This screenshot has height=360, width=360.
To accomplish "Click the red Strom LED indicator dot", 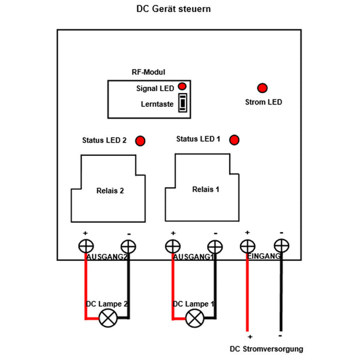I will pyautogui.click(x=262, y=88).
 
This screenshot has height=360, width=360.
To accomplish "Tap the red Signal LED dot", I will pyautogui.click(x=182, y=87).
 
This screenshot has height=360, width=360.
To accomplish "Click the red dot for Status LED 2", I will pyautogui.click(x=140, y=141).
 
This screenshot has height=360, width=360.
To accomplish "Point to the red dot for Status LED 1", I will pyautogui.click(x=235, y=140).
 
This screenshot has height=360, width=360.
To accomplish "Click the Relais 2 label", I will pyautogui.click(x=110, y=191).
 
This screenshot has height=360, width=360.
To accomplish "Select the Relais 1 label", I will pyautogui.click(x=206, y=189).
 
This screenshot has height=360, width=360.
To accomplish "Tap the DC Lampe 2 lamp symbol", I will pyautogui.click(x=109, y=319).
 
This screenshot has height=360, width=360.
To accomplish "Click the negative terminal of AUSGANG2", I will pyautogui.click(x=128, y=246).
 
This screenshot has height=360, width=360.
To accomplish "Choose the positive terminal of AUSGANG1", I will pyautogui.click(x=173, y=246).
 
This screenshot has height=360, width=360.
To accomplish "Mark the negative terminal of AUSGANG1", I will pyautogui.click(x=214, y=246).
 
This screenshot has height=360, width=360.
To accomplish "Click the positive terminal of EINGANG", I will pyautogui.click(x=247, y=246).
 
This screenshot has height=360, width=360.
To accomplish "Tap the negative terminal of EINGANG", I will pyautogui.click(x=281, y=246).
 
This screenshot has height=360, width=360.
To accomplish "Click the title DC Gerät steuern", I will pyautogui.click(x=174, y=10).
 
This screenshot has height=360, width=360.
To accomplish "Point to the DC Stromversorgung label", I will pyautogui.click(x=266, y=349).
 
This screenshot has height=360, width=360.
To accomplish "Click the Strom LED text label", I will pyautogui.click(x=263, y=102).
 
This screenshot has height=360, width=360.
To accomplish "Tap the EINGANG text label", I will pyautogui.click(x=265, y=257).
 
